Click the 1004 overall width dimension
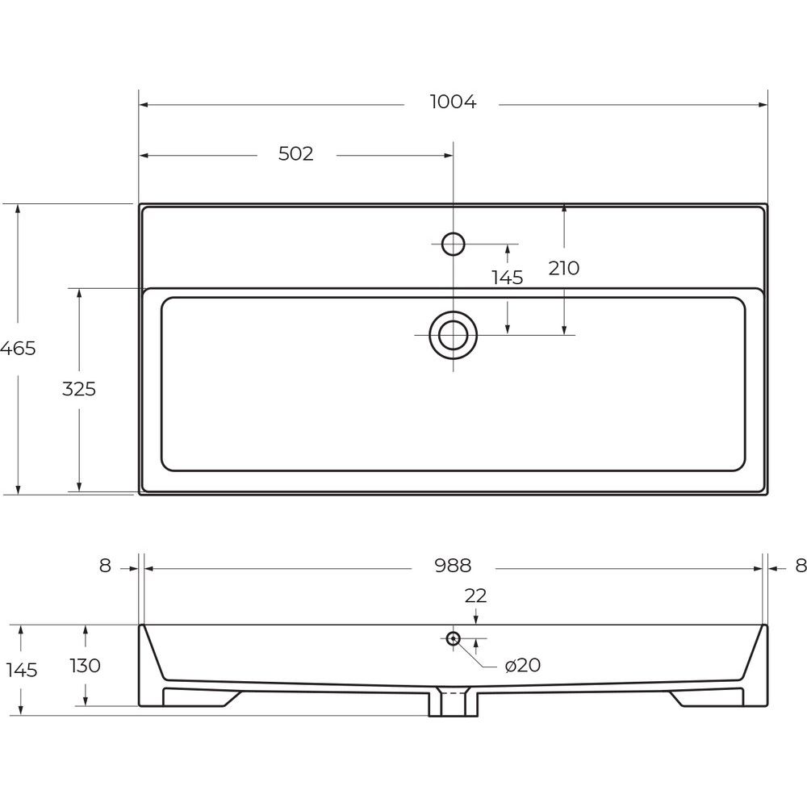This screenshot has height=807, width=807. click(453, 102)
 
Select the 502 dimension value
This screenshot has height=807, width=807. click(296, 154)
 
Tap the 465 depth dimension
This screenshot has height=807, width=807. click(18, 349)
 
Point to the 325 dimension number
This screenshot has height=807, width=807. click(79, 389)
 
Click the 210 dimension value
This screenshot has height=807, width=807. click(564, 268)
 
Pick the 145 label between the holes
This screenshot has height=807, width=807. click(508, 278)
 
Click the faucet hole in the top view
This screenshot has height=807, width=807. click(453, 244)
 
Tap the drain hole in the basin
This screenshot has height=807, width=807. click(453, 336)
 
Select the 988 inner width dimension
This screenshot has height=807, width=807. click(453, 566)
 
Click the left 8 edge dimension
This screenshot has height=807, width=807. click(105, 566)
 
